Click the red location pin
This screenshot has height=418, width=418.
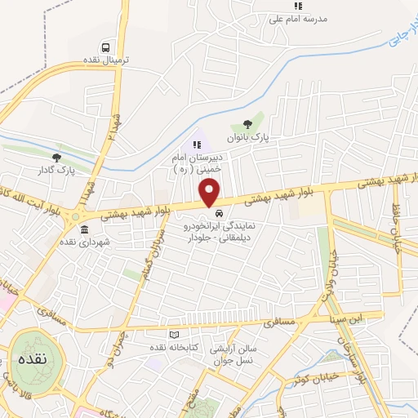tap(210, 193)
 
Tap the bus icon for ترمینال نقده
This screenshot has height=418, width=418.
tap(105, 47)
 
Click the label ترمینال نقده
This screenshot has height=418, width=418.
tap(105, 61)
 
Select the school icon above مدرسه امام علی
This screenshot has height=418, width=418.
tap(299, 7)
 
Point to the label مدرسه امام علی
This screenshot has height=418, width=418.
tap(299, 20)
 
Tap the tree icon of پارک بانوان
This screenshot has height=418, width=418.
tap(247, 124)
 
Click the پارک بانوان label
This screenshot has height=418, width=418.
tap(247, 137)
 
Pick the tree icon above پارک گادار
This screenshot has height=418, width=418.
tap(56, 158)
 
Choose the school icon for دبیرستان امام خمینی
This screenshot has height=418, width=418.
tap(196, 145)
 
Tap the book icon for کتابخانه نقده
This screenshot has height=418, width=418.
tap(172, 335)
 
